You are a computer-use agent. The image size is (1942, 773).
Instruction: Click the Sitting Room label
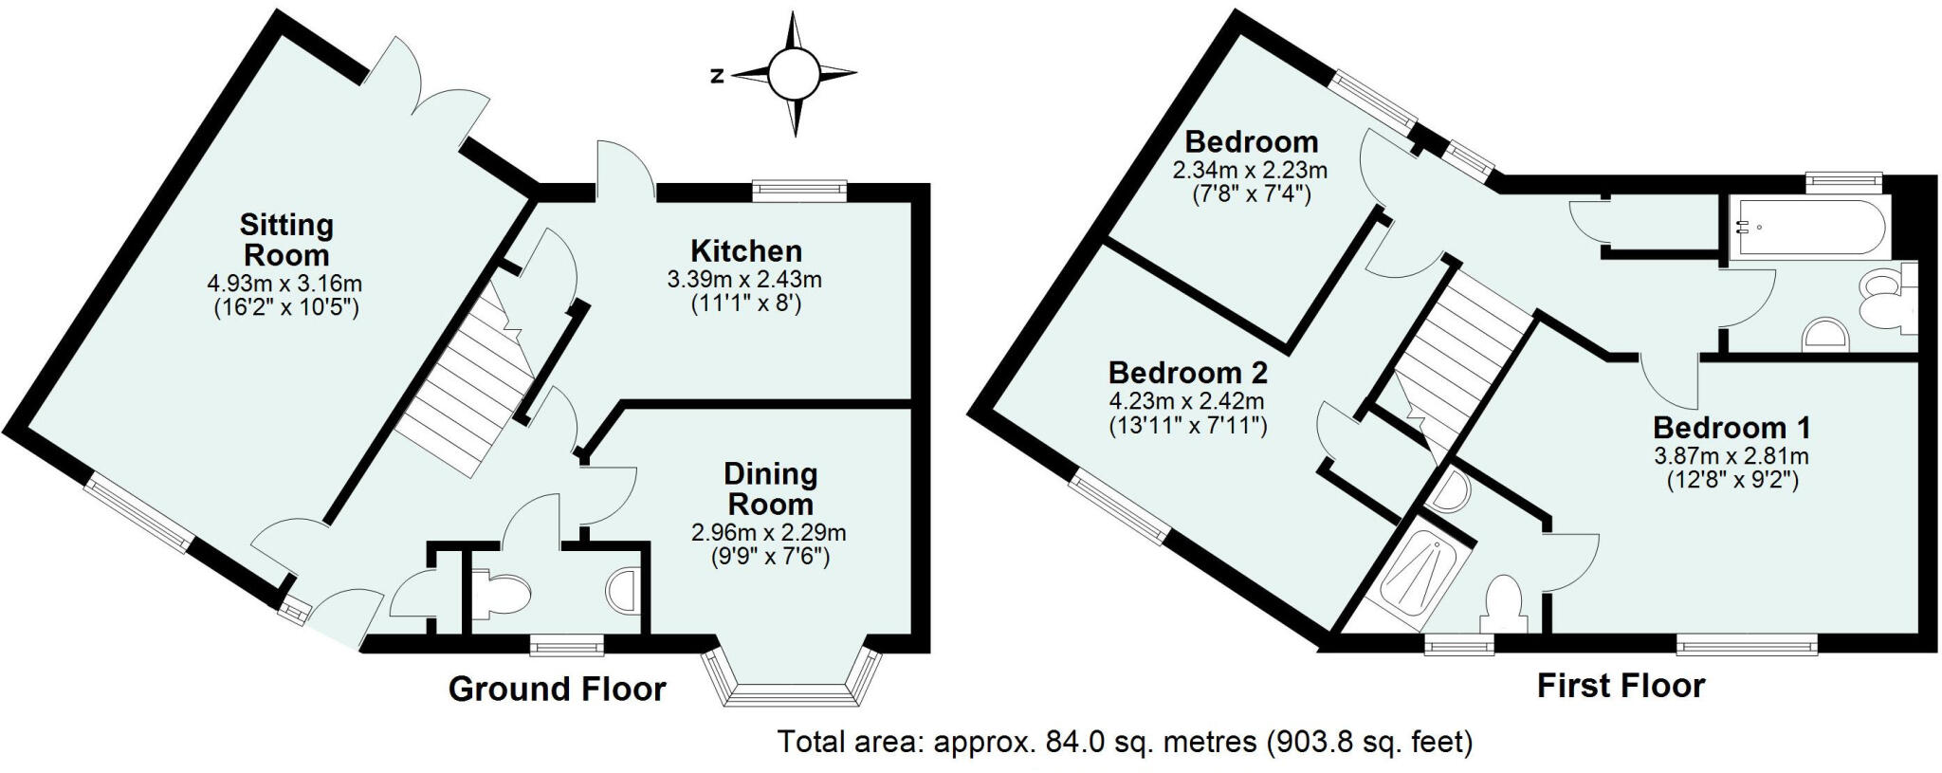pos(285,240)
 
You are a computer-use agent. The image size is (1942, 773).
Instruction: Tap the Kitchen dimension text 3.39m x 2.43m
pos(744,280)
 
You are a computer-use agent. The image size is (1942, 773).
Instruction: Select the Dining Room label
pos(770,488)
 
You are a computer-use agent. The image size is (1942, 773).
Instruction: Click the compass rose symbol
pos(792,74)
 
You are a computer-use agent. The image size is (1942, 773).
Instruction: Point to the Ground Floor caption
pos(557,690)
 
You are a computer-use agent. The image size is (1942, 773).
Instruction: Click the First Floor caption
pos(1621,686)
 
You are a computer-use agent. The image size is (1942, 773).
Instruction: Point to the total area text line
pos(1125,741)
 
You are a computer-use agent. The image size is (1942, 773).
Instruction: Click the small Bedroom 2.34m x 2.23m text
pos(1250,171)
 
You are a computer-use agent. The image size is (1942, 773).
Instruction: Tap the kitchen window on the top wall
pos(798,190)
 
